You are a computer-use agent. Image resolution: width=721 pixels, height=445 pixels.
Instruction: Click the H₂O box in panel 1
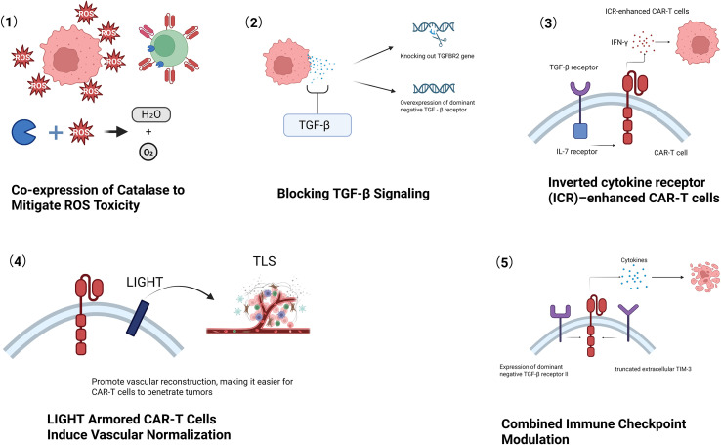pos(150,114)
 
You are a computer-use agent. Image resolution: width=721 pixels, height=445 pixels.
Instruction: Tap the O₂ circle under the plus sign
pos(148,152)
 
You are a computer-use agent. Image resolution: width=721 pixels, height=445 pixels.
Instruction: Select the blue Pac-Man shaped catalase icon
pos(23,132)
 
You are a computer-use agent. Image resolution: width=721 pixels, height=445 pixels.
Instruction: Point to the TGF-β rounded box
pos(318,125)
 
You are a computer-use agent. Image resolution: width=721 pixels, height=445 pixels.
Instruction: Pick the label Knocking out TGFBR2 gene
pos(437,56)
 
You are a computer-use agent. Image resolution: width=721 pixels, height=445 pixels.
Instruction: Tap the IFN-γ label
pos(619,42)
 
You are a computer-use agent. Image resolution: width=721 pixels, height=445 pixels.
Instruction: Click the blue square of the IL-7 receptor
pos(580,131)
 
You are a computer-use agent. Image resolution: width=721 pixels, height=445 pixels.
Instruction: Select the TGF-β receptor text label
pos(573,67)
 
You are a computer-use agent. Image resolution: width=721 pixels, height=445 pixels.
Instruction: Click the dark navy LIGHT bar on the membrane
pos(138,318)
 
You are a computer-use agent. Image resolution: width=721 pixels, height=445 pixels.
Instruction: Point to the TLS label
pos(265,261)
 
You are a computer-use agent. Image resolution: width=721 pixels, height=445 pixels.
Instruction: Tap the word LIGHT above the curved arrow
pos(145,282)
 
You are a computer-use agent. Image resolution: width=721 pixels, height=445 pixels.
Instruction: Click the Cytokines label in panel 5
pos(634,260)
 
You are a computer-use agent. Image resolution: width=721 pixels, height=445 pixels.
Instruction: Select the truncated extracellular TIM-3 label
pos(653,369)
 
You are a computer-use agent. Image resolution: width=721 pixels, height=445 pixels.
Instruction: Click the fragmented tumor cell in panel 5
pos(704,277)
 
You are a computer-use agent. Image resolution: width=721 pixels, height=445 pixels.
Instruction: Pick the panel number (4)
pos(18,261)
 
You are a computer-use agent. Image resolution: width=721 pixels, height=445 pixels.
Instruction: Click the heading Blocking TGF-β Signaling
pos(353,194)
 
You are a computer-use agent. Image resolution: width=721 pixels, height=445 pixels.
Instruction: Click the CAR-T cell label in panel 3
pos(670,153)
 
